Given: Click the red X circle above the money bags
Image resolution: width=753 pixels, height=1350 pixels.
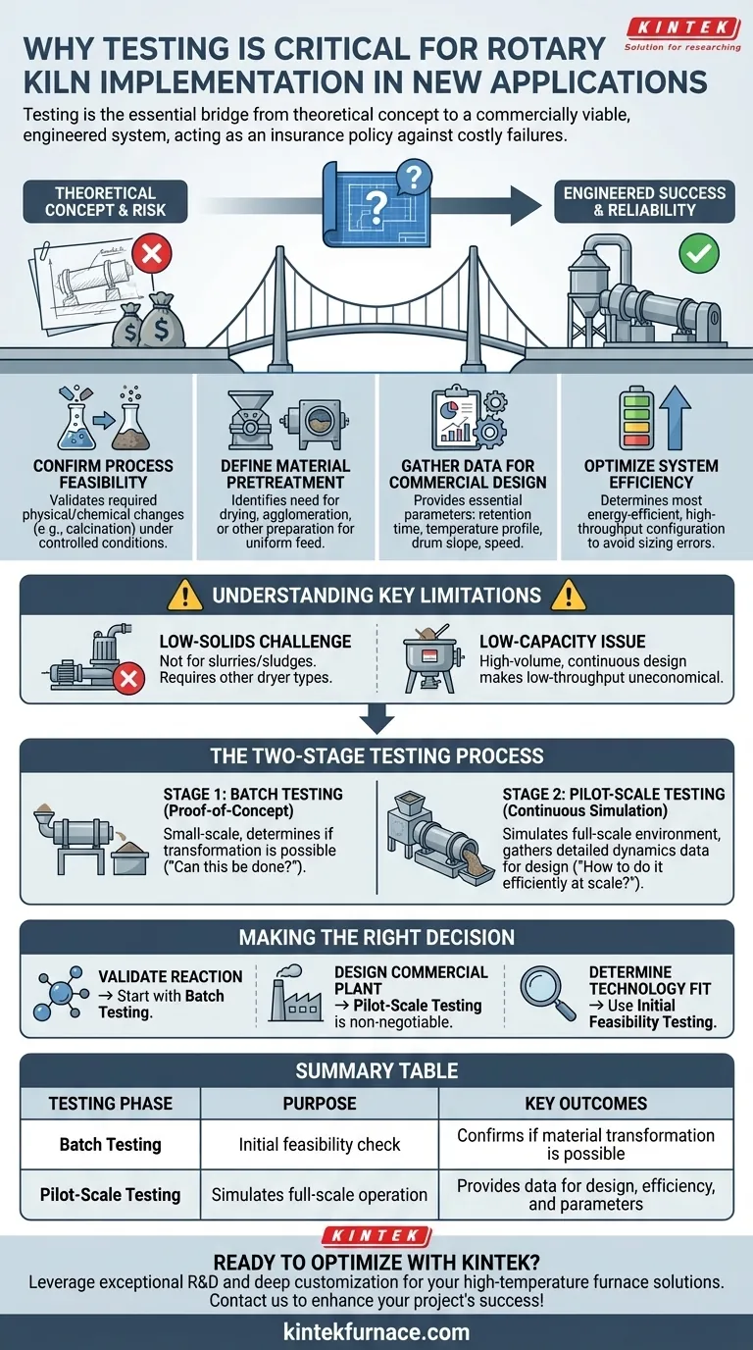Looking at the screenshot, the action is (152, 253).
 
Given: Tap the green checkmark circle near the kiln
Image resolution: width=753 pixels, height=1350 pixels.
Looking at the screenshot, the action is (699, 253).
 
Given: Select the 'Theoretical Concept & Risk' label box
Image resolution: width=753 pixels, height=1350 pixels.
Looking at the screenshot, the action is (105, 201).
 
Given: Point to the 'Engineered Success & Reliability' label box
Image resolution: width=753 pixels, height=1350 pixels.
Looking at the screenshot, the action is (644, 201).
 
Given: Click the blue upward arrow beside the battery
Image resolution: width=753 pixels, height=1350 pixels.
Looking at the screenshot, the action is (675, 417).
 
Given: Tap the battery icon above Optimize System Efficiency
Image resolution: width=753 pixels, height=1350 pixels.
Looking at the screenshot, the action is (636, 418).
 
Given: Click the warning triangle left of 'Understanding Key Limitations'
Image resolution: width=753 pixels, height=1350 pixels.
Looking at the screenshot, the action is (185, 595).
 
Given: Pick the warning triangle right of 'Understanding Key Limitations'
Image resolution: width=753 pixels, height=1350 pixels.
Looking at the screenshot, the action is (568, 595).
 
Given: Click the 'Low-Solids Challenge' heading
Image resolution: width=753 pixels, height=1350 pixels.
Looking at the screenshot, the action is (255, 642).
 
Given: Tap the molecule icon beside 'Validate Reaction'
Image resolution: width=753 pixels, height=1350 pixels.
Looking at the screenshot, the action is (59, 993).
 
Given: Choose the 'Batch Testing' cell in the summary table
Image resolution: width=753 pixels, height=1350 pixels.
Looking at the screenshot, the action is (110, 1145).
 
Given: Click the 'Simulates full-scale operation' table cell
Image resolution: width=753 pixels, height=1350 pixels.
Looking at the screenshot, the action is (320, 1195).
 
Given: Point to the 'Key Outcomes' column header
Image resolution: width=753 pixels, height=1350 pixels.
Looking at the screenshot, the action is (585, 1103).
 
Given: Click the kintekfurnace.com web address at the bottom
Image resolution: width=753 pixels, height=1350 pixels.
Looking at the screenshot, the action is (376, 1331).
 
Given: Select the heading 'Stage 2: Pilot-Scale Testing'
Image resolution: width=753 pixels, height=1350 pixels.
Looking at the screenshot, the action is (614, 794).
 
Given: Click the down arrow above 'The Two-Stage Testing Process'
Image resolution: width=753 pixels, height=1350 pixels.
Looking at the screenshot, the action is (377, 721).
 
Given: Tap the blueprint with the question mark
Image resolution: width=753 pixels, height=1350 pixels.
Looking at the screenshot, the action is (377, 204).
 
